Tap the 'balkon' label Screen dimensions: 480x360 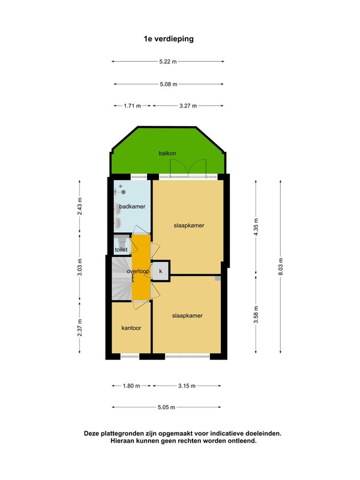[167, 154]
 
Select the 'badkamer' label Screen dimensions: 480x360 [132, 206]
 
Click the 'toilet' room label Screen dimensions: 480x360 [121, 249]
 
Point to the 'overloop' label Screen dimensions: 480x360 [137, 271]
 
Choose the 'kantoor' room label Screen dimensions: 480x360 [131, 329]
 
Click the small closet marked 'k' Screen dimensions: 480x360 [160, 271]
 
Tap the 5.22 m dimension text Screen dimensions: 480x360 [168, 61]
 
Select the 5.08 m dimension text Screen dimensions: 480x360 [168, 84]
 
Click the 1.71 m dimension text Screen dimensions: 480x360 [132, 106]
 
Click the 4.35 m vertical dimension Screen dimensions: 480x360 [256, 226]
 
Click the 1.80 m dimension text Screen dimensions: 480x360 [132, 386]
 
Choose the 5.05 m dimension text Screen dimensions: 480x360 [167, 407]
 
